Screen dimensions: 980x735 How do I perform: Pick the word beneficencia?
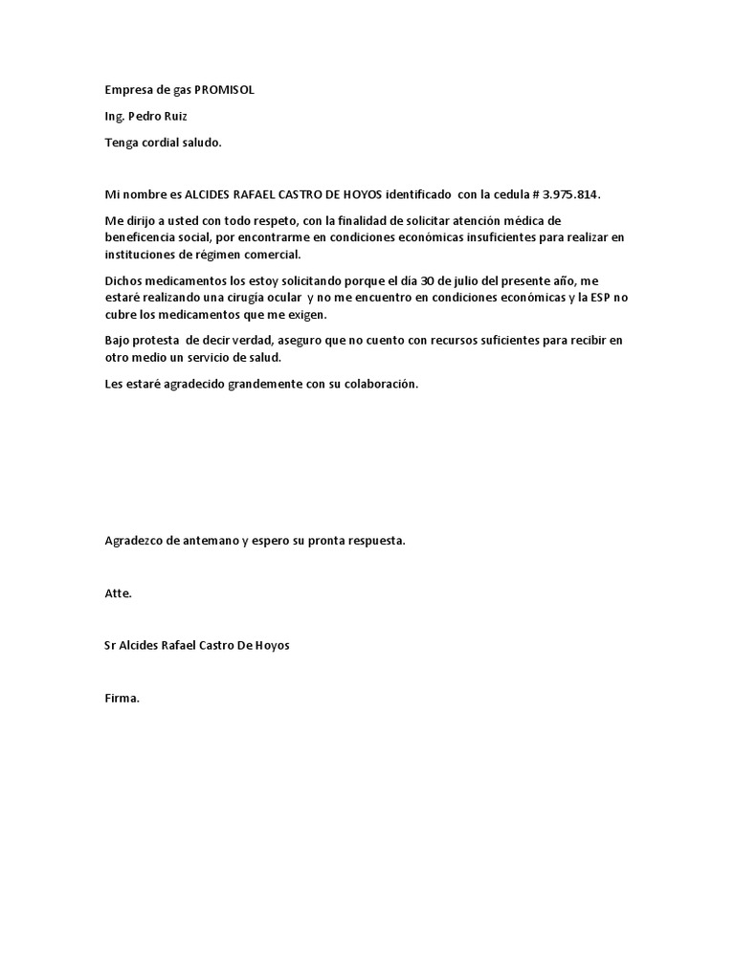pyautogui.click(x=144, y=236)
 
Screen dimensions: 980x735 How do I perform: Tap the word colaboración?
pyautogui.click(x=379, y=384)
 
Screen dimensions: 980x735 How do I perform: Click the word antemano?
pyautogui.click(x=211, y=541)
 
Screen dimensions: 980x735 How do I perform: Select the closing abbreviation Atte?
pyautogui.click(x=118, y=593)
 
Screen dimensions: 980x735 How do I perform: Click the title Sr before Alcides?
pyautogui.click(x=110, y=645)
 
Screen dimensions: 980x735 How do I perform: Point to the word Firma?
pyautogui.click(x=122, y=698)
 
